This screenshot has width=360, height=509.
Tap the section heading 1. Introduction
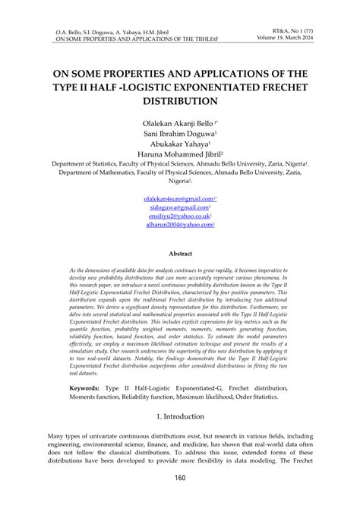[179, 416]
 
